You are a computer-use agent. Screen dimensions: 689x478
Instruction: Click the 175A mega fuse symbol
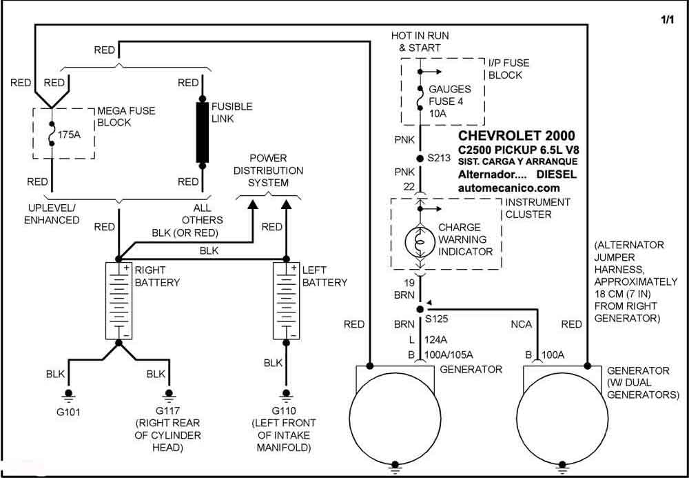click(x=52, y=134)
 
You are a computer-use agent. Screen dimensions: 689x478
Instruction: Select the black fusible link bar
click(x=202, y=132)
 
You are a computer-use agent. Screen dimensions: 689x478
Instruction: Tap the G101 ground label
click(x=68, y=413)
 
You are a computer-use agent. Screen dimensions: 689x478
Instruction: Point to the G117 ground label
click(x=168, y=410)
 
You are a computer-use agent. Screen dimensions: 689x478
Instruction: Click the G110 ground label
click(x=284, y=410)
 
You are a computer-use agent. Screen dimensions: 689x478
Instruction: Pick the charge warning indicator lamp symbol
click(x=420, y=241)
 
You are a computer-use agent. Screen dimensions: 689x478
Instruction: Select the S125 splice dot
click(x=420, y=309)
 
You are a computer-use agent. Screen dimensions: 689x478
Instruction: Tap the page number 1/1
click(x=666, y=20)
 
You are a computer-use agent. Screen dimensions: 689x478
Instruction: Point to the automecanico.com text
click(x=509, y=188)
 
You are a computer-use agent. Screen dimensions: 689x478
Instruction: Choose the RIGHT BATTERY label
click(x=157, y=276)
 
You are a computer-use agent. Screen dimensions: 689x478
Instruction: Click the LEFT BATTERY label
click(x=325, y=276)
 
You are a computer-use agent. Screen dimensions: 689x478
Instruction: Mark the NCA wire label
click(x=521, y=325)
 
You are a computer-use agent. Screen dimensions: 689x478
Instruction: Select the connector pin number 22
click(x=409, y=187)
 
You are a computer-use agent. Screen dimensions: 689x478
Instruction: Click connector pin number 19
click(x=409, y=283)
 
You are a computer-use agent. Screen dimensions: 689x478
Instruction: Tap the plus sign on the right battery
click(x=126, y=268)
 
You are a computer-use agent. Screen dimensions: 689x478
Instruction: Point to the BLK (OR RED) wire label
click(x=185, y=232)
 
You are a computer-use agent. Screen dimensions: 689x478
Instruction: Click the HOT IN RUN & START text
click(x=420, y=41)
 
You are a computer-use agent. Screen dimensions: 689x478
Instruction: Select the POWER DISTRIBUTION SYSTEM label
click(x=268, y=170)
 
